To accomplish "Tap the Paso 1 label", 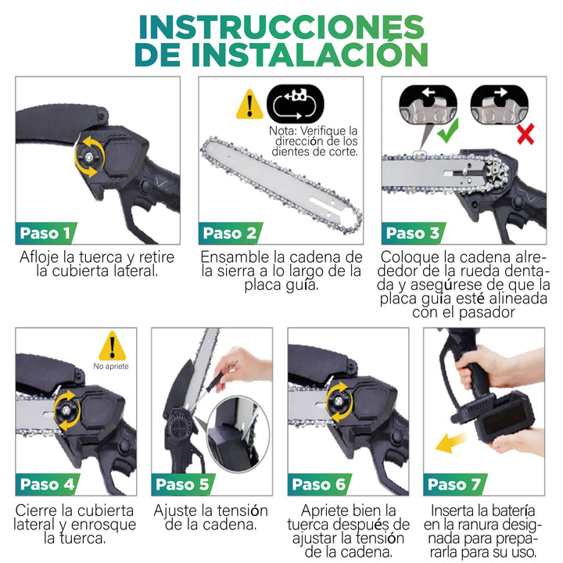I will click(45, 232).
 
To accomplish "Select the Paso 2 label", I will click(228, 232).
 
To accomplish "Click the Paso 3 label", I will click(412, 232).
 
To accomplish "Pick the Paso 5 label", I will click(182, 484).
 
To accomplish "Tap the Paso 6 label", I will click(318, 484).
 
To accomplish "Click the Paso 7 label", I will click(454, 484).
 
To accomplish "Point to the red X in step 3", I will click(525, 135).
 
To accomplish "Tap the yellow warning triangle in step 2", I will click(249, 104).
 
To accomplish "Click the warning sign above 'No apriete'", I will click(112, 345).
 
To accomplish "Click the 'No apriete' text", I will click(111, 366).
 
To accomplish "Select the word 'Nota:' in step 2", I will click(282, 130).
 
